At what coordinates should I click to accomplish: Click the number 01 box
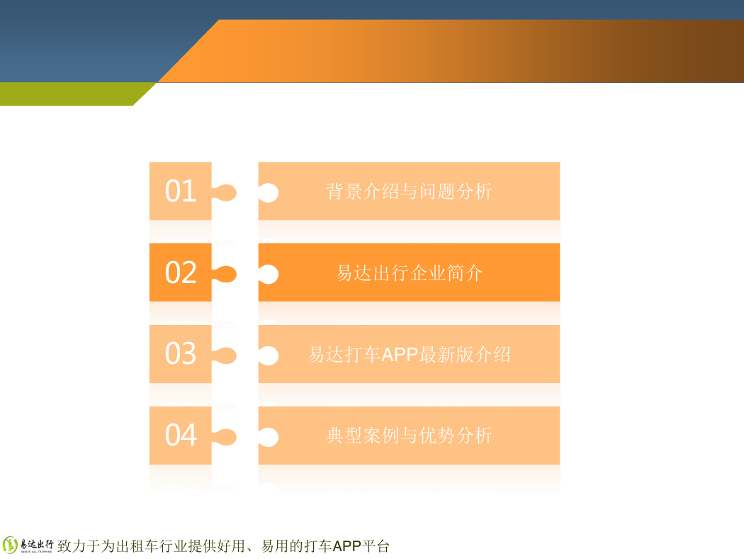[180, 191]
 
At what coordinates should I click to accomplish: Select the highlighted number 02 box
[180, 272]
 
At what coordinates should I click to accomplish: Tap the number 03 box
[180, 354]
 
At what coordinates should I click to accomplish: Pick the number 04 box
[180, 435]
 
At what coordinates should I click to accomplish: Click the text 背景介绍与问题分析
[409, 192]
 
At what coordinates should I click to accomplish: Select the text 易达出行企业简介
[409, 273]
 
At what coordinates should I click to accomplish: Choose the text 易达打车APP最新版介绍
[409, 354]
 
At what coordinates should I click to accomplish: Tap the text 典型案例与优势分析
[409, 436]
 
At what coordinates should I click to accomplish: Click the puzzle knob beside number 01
[225, 192]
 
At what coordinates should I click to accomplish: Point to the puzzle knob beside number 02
[225, 274]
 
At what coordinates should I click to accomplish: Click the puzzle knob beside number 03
[225, 355]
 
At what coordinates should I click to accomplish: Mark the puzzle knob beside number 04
[225, 437]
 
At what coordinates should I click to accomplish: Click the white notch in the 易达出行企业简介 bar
[269, 274]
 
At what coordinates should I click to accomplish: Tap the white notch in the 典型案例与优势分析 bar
[269, 437]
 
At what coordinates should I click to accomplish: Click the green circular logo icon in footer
[10, 546]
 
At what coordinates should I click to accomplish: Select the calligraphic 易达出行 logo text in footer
[37, 544]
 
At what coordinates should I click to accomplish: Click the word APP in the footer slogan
[347, 546]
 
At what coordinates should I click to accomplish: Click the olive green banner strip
[71, 94]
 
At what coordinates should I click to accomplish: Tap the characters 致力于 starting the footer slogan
[79, 546]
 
